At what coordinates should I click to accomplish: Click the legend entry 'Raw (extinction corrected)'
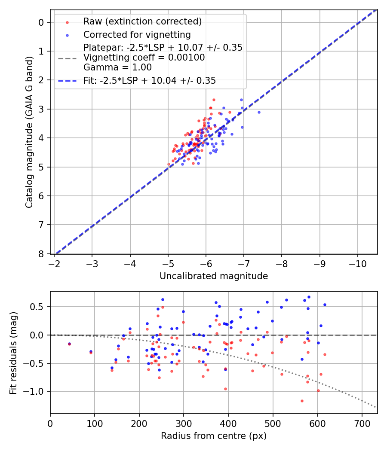tap(142, 21)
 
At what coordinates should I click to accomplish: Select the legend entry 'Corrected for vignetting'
tap(137, 34)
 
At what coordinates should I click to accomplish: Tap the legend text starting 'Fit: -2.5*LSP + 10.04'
tap(150, 80)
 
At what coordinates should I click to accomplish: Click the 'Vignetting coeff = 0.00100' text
tap(144, 58)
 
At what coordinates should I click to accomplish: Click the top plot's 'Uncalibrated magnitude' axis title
tap(214, 276)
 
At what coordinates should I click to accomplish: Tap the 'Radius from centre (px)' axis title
tap(214, 436)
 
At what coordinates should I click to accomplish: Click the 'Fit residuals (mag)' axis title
tap(13, 353)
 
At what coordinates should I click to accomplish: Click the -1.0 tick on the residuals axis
tap(37, 391)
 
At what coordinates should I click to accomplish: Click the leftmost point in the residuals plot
tap(69, 344)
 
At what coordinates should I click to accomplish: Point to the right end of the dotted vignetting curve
tap(376, 407)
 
